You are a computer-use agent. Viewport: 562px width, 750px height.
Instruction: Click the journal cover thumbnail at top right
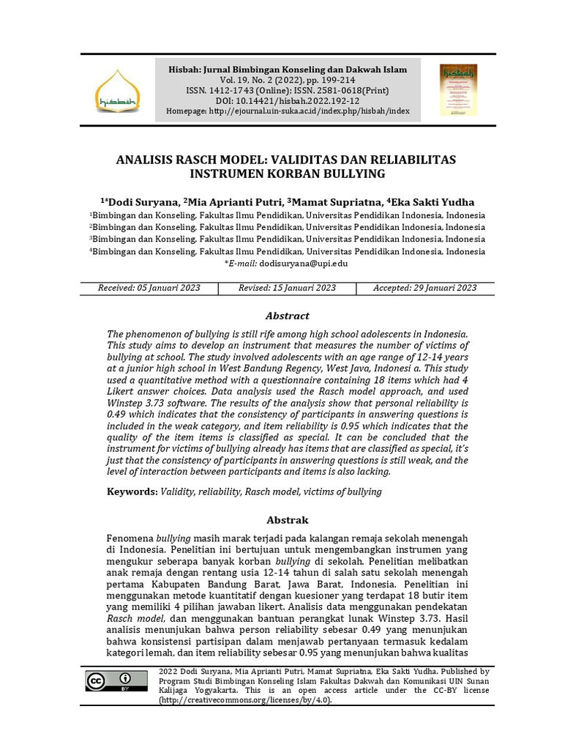coord(458,90)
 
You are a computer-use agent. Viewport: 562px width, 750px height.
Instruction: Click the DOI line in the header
coord(288,101)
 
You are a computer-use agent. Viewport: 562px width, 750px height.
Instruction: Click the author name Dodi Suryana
coord(142,202)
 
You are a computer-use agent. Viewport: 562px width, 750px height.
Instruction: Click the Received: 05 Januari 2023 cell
coord(149,288)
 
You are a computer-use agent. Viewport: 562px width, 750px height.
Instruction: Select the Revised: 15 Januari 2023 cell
coord(287,288)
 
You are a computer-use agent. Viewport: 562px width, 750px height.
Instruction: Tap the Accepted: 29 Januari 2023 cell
coord(424,288)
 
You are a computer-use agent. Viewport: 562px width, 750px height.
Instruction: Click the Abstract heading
coord(287,316)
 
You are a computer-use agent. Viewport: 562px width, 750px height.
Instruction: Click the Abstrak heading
coord(287,519)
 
